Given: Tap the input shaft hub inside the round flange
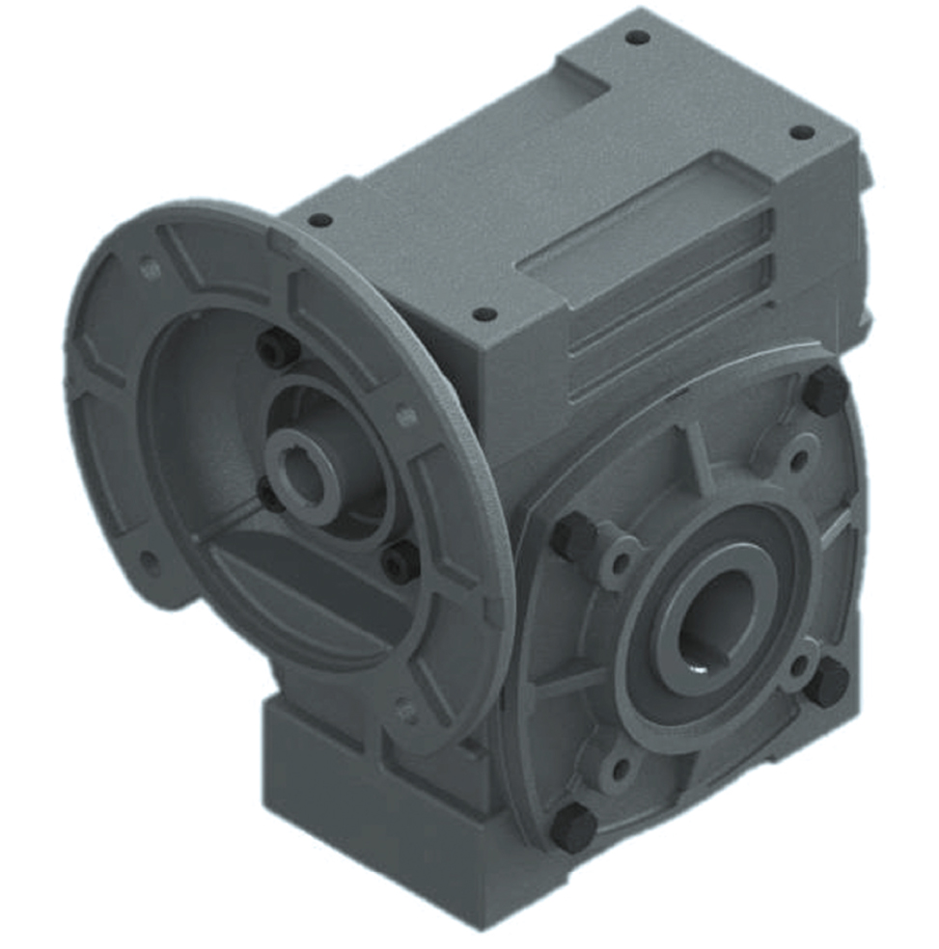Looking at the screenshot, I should (x=301, y=462).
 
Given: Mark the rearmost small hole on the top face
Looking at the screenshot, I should (x=637, y=38).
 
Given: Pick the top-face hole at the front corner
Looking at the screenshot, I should (x=484, y=314).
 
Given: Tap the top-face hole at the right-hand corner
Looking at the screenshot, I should (x=800, y=132).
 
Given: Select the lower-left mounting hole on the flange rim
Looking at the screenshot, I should (x=148, y=559).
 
